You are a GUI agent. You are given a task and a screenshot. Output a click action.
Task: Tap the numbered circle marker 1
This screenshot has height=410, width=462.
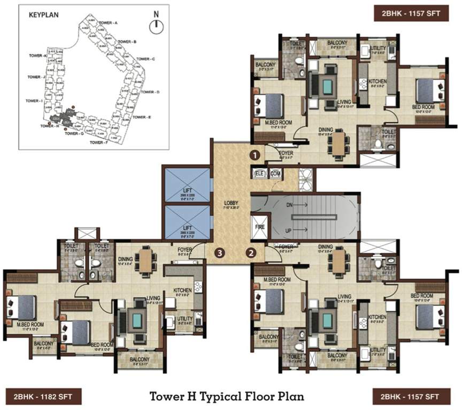pos(256,155)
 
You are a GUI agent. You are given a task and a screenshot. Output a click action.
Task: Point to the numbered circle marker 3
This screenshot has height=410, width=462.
pos(219,253)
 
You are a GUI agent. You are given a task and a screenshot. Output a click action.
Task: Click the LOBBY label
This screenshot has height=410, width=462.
pos(231,203)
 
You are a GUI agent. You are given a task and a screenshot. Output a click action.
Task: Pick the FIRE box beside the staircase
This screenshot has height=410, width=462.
pos(259,226)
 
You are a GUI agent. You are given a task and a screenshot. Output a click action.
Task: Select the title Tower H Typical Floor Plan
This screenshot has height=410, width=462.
pos(227,396)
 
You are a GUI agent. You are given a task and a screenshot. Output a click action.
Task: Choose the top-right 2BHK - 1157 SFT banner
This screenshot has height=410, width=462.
pos(411,12)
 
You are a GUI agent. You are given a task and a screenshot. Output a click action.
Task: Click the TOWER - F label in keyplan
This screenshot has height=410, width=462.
pos(99,143)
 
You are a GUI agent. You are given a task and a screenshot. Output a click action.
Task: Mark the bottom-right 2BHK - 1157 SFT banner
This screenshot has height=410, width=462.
pos(411,397)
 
